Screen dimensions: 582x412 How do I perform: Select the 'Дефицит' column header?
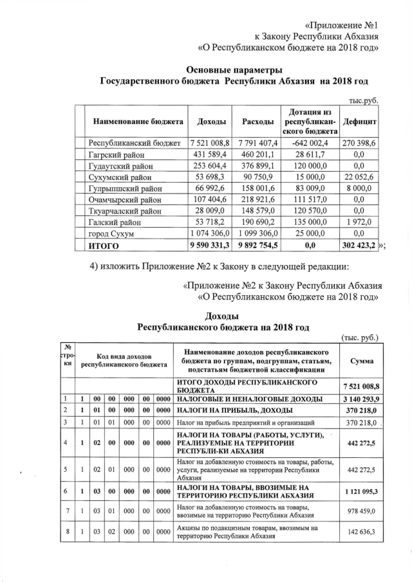[360, 122]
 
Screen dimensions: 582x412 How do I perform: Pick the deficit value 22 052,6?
[360, 177]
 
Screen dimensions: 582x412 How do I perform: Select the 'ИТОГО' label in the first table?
[104, 246]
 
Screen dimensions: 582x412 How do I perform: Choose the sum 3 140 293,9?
[360, 399]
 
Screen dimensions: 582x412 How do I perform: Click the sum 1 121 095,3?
[360, 490]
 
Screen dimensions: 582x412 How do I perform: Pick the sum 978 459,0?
[360, 511]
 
